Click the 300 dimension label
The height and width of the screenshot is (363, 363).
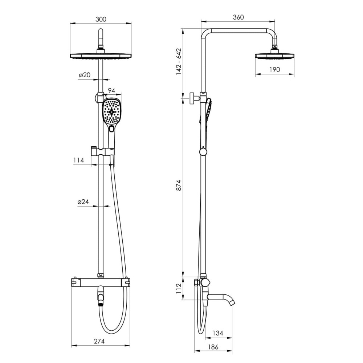[x=101, y=19]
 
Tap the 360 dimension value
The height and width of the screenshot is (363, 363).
[x=238, y=17]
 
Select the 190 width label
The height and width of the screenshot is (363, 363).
[x=274, y=69]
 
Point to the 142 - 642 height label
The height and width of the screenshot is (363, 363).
[x=179, y=62]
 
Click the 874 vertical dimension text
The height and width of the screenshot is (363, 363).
[x=179, y=185]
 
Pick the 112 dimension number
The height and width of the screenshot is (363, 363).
[x=179, y=289]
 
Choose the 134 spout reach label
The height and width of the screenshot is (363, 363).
[x=217, y=333]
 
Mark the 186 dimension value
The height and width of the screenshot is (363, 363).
[x=213, y=347]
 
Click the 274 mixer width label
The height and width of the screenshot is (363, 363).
[x=99, y=341]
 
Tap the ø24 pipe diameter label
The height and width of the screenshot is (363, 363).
[x=83, y=201]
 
